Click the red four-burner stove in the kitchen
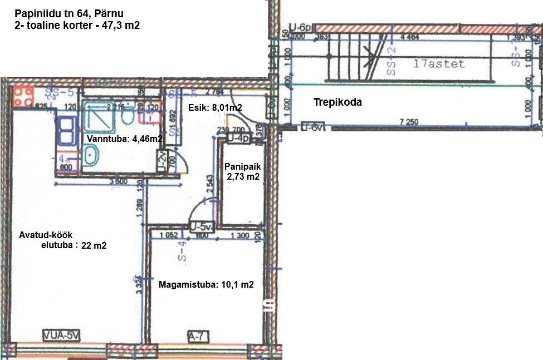click(x=24, y=97)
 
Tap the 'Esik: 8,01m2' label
click(x=214, y=108)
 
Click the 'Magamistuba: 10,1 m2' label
click(x=206, y=284)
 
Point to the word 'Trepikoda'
click(x=337, y=102)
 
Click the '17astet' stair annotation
click(x=439, y=64)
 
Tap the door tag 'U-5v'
click(x=202, y=227)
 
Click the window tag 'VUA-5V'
click(x=62, y=336)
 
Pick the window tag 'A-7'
click(x=198, y=336)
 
